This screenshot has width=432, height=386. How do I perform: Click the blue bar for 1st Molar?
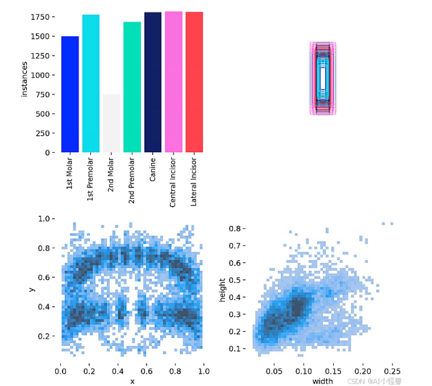click(70, 94)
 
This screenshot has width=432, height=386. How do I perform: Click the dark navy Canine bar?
click(153, 82)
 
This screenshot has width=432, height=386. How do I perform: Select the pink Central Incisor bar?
click(174, 81)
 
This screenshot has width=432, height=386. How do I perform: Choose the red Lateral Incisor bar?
click(194, 82)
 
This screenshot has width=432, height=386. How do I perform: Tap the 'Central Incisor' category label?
click(174, 182)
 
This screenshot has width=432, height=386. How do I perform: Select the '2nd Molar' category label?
click(112, 176)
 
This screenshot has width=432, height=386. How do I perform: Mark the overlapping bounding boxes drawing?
click(323, 78)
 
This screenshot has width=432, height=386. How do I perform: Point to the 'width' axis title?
click(322, 381)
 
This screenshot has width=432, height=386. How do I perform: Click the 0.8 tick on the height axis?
click(235, 228)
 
